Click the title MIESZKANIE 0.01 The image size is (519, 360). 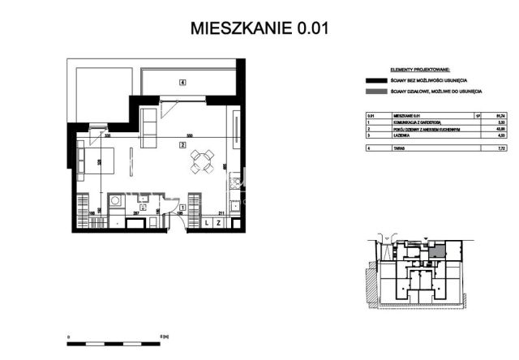pos(259,28)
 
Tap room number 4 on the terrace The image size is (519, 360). pos(183,83)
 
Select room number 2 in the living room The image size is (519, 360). pos(183,145)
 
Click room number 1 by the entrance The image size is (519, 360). pos(183,208)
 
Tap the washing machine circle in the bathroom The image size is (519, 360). pos(116,199)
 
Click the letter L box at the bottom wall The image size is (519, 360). pos(208,223)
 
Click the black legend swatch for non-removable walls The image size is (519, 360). pos(375,81)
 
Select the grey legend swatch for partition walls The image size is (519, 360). pos(375,94)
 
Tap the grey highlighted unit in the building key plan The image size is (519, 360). pos(437,253)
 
